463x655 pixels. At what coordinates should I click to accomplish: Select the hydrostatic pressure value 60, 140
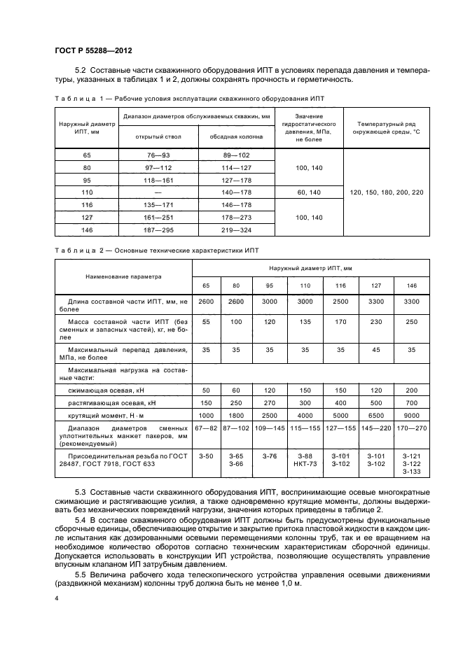[x=308, y=191]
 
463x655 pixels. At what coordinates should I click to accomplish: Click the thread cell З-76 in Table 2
[x=270, y=456]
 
